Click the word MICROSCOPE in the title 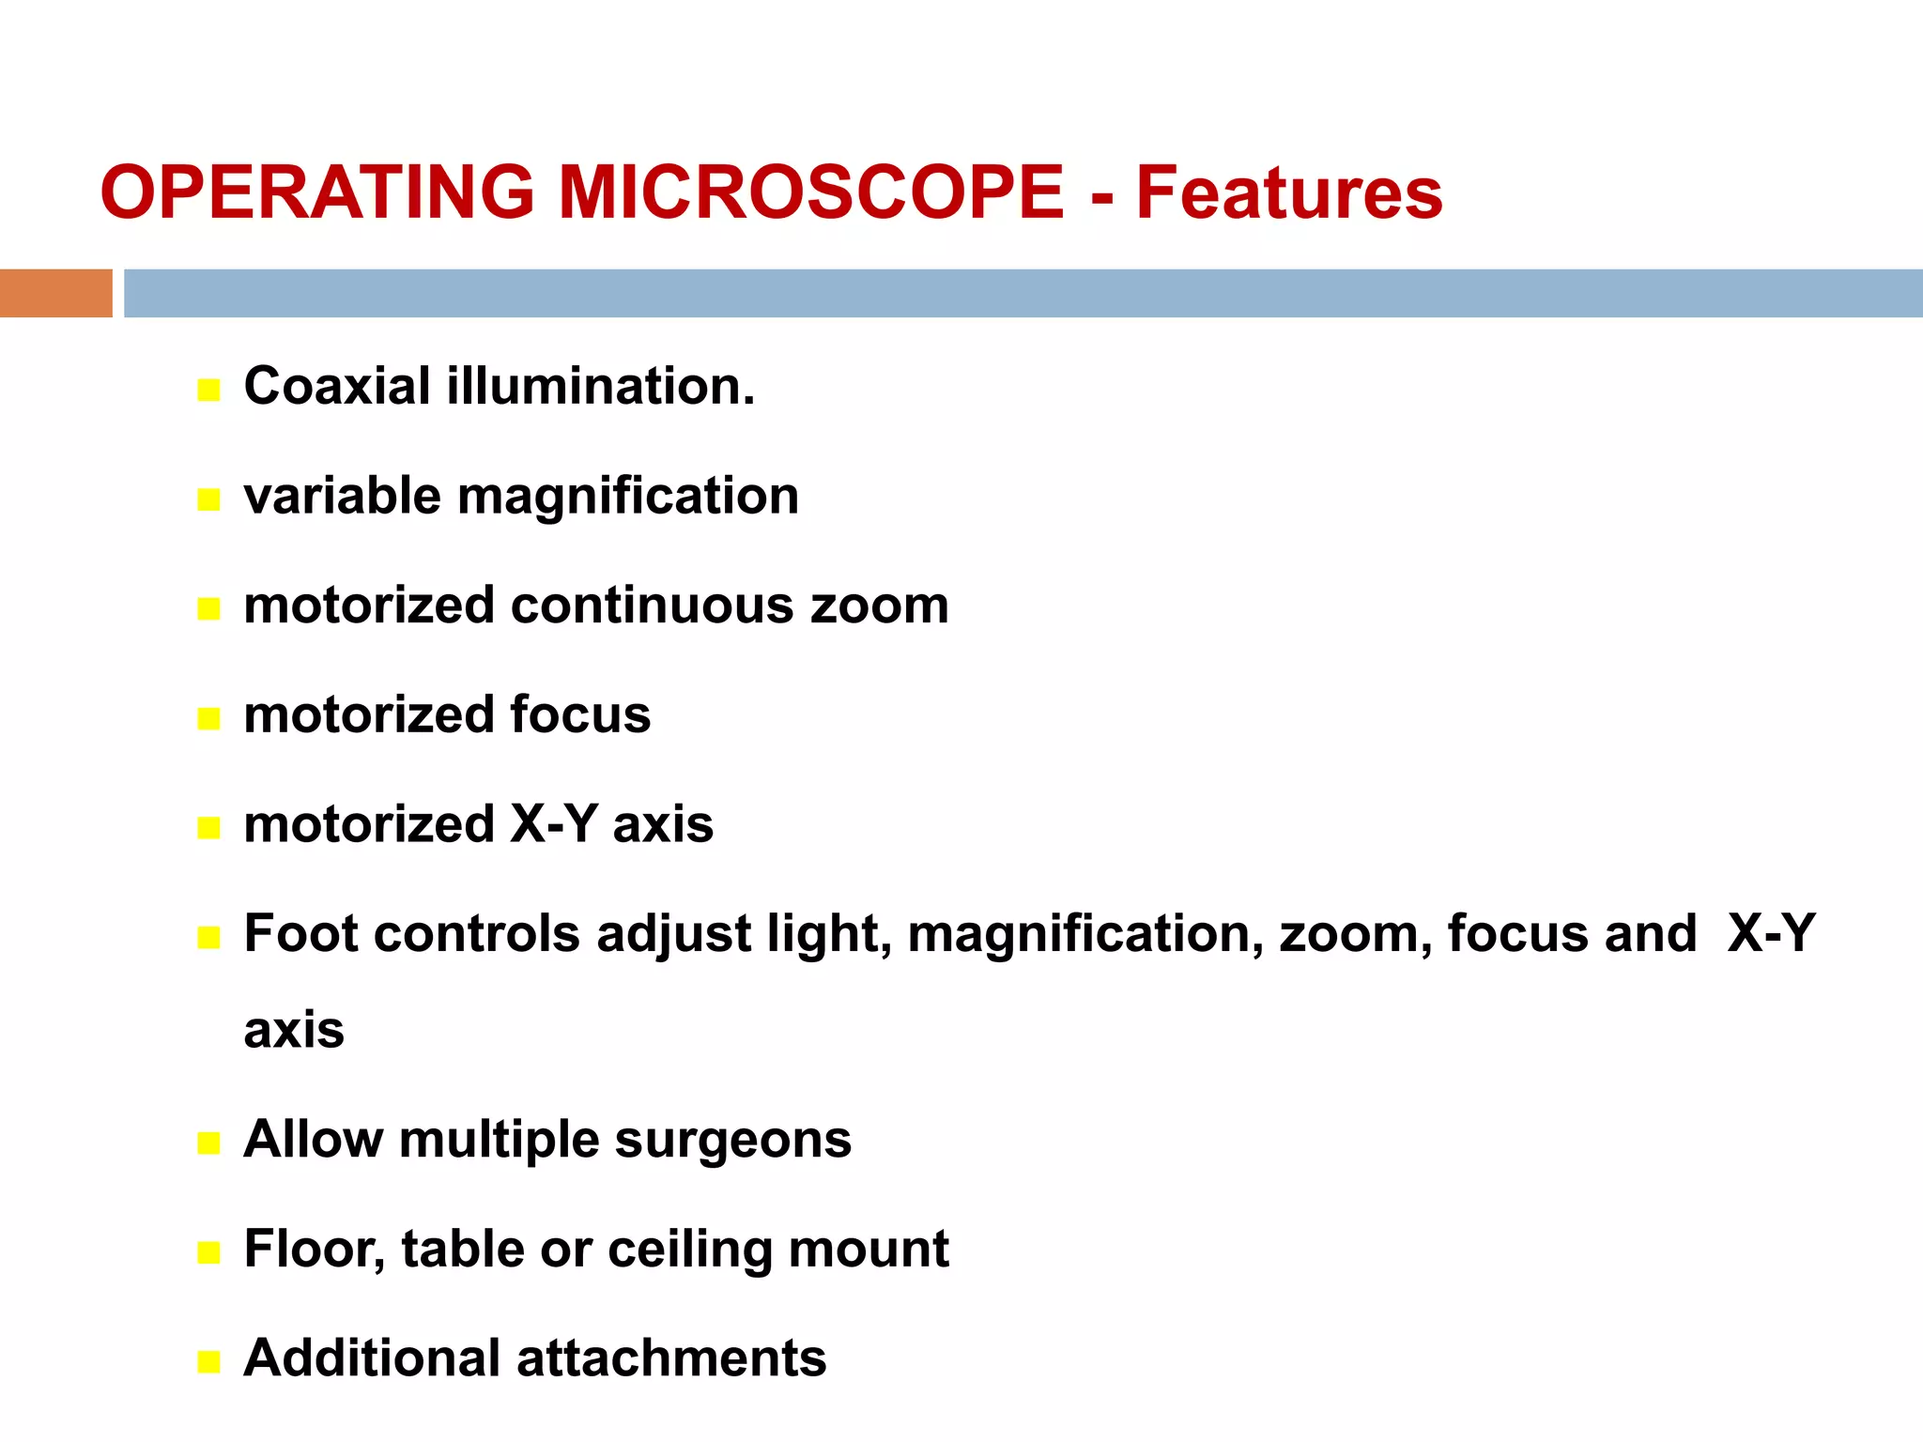[811, 192]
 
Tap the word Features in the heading [1288, 192]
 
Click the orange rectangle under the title [55, 293]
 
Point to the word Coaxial [337, 386]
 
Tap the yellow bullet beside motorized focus [208, 719]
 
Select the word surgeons [732, 1141]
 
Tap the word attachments [671, 1358]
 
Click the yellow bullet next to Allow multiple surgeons [208, 1143]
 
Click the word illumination [600, 386]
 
